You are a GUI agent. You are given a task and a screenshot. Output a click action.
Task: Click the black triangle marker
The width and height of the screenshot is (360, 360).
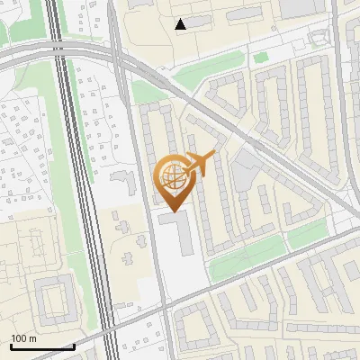point(182,24)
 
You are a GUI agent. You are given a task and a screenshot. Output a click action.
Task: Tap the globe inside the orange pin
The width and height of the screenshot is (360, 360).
point(171,177)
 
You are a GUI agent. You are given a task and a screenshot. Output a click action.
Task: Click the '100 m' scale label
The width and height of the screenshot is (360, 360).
point(24,338)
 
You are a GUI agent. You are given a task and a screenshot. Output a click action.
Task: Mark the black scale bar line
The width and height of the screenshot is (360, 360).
point(41,346)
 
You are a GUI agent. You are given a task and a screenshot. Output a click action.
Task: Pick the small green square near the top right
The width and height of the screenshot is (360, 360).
point(261,58)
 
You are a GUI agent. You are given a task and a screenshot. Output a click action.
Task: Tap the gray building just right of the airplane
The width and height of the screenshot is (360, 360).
point(244,166)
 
